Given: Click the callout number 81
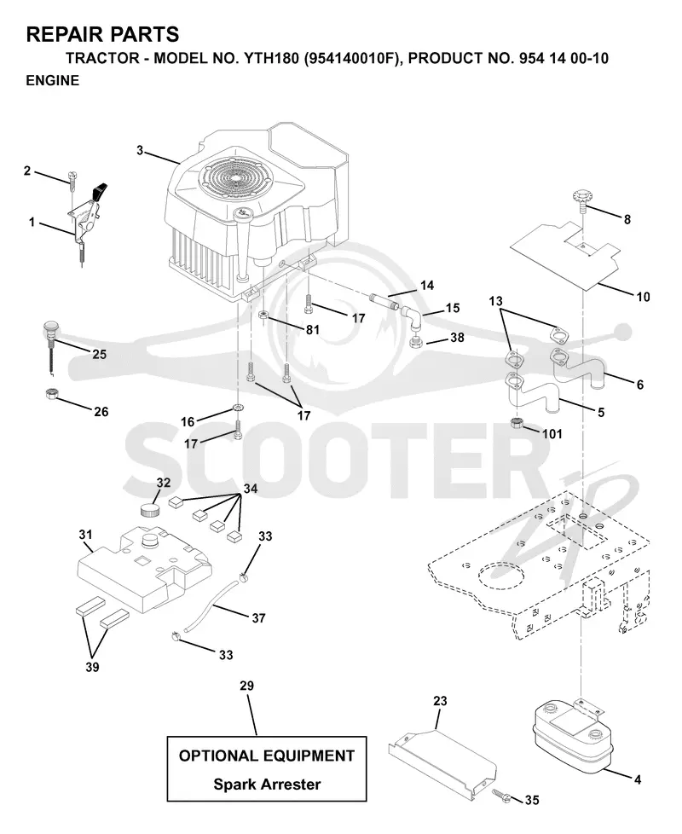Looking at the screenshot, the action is [313, 330].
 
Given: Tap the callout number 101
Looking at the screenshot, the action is [552, 434].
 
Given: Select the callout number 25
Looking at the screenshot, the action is [100, 354].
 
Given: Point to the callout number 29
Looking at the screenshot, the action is [246, 686].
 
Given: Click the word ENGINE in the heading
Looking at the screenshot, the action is [53, 81].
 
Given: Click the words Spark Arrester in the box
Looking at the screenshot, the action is [267, 785].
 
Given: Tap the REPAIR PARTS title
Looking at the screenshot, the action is [102, 35].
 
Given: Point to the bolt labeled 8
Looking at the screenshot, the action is [582, 200].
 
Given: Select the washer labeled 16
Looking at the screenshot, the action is [237, 408].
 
